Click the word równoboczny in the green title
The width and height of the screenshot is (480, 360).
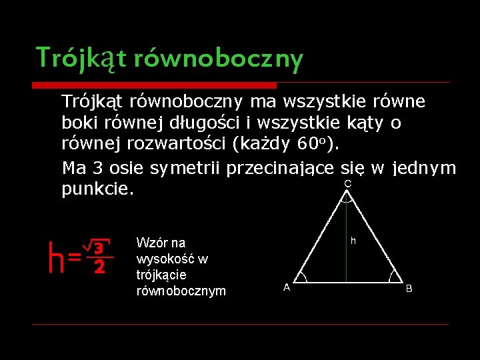pyautogui.click(x=218, y=59)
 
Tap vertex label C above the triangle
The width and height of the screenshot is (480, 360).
pyautogui.click(x=347, y=183)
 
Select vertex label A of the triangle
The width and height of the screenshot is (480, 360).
pyautogui.click(x=287, y=287)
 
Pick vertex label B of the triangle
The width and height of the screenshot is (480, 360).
pyautogui.click(x=409, y=289)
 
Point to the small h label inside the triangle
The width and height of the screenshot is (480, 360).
pyautogui.click(x=353, y=241)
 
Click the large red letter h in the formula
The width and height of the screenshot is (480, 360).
pyautogui.click(x=56, y=258)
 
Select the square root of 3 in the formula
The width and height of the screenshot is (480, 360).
pyautogui.click(x=97, y=248)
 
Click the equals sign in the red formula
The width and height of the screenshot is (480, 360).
pyautogui.click(x=75, y=257)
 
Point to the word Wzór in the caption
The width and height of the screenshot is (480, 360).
pyautogui.click(x=151, y=243)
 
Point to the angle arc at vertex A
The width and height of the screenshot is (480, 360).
pyautogui.click(x=302, y=278)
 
